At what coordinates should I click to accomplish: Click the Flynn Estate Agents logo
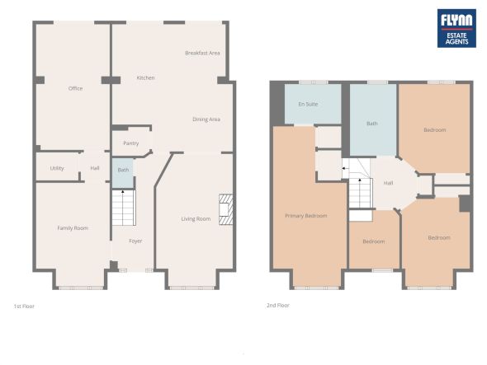[x=456, y=28]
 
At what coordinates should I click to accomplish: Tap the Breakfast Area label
[x=202, y=53]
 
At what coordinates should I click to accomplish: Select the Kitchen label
[x=145, y=77]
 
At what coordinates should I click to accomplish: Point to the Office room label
[x=75, y=89]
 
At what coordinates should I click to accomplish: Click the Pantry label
[x=131, y=143]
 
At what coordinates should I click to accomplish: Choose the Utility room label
[x=57, y=168]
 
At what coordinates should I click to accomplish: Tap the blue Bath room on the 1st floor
[x=123, y=173]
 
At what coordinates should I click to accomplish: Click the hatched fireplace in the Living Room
[x=226, y=209]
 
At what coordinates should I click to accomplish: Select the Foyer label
[x=135, y=241]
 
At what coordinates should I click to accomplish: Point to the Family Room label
[x=73, y=228]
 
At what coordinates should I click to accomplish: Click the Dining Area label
[x=206, y=119]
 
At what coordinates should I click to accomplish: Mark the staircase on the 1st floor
[x=124, y=208]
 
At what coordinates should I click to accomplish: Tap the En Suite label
[x=308, y=104]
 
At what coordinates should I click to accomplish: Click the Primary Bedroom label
[x=306, y=216]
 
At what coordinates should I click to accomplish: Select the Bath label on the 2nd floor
[x=372, y=124]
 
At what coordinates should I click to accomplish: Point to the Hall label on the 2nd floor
[x=388, y=183]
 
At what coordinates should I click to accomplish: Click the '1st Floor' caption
[x=24, y=307]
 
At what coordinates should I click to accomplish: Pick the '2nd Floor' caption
[x=278, y=306]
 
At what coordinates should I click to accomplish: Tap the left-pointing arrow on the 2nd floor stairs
[x=345, y=168]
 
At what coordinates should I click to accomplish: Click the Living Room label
[x=196, y=219]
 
